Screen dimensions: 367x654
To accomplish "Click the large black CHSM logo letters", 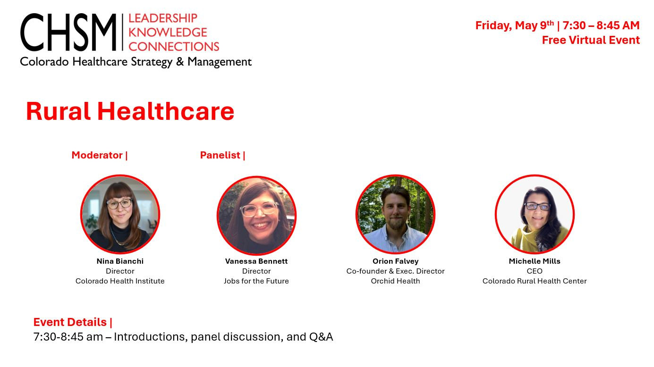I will (x=68, y=33).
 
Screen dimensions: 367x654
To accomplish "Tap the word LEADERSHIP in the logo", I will (x=162, y=18).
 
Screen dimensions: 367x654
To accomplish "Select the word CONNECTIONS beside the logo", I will (x=174, y=46).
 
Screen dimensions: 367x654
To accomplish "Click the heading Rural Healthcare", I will (x=130, y=111).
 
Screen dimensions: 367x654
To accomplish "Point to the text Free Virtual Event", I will (x=590, y=40).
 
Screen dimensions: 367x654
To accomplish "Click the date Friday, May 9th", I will (x=514, y=25).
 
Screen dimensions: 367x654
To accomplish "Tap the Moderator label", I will (x=97, y=155).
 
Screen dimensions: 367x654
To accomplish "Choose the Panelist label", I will (x=220, y=155).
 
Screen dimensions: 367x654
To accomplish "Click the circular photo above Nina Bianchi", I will (x=120, y=215).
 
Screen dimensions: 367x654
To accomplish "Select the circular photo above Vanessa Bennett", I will (x=256, y=216).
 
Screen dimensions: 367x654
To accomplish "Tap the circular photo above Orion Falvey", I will (x=395, y=215).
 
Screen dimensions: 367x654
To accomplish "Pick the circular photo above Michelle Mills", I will (x=535, y=215).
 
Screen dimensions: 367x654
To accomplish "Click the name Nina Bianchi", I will (x=120, y=261).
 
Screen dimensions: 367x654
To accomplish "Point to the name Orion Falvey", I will (x=395, y=261).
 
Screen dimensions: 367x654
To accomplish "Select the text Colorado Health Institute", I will (x=120, y=281).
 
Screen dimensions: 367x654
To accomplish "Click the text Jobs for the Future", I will (x=256, y=281).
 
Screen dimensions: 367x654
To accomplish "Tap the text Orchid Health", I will (x=395, y=281).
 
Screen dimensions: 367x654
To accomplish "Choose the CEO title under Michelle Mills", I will (x=535, y=271).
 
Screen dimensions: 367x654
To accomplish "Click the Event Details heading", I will (x=70, y=322).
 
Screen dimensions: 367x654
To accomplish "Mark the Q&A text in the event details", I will (x=321, y=337).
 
